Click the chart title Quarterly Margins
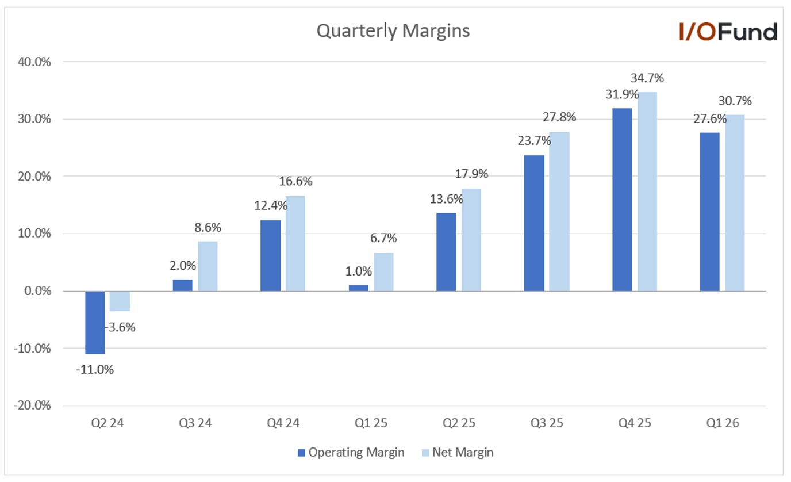[x=393, y=30]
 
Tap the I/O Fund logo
[x=728, y=32]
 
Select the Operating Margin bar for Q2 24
[x=95, y=323]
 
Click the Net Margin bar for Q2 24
[x=120, y=301]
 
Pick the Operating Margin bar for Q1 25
[x=359, y=288]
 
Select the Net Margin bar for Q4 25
[x=647, y=192]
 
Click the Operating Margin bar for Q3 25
[x=534, y=223]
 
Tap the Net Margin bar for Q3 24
[x=208, y=266]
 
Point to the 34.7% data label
[x=647, y=78]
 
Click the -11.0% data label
[x=95, y=370]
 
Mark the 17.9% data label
[x=471, y=174]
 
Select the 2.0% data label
[x=183, y=265]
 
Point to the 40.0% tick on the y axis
[x=34, y=62]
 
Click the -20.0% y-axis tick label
[x=32, y=406]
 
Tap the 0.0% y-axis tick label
[x=38, y=291]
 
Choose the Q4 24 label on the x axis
[x=283, y=423]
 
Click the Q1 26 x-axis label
[x=723, y=423]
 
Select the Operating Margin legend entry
[x=351, y=452]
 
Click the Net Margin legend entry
[x=458, y=452]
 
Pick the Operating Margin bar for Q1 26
[x=710, y=212]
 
